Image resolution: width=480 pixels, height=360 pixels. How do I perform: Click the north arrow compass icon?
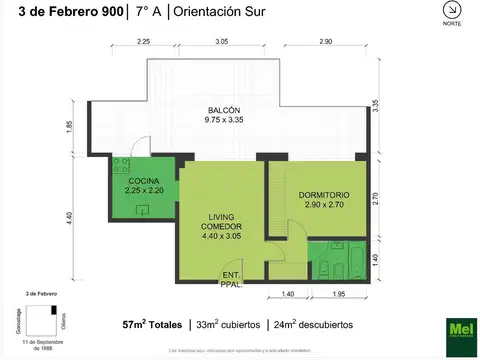tap(451, 12)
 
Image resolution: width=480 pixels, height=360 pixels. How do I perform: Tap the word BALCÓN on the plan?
tap(223, 110)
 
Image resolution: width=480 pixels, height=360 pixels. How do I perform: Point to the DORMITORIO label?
tap(323, 195)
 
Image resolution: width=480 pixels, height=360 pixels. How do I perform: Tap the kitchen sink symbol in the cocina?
tap(144, 210)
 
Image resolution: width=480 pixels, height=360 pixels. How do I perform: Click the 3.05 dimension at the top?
tap(221, 43)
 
